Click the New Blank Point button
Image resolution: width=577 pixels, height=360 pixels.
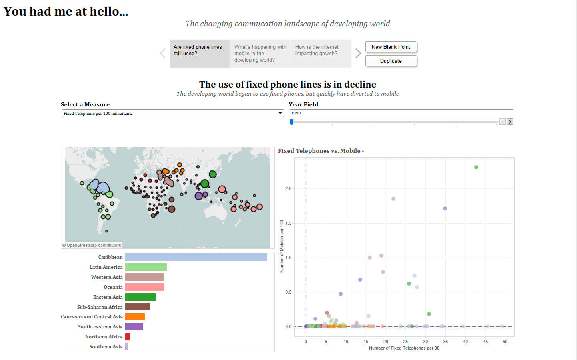(x=391, y=47)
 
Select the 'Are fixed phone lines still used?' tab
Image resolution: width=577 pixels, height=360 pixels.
(x=199, y=53)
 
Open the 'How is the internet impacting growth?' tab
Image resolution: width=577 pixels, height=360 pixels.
(x=321, y=53)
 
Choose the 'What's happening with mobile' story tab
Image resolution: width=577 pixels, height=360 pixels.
(x=260, y=53)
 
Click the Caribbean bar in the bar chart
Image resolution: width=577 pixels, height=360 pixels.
(x=196, y=257)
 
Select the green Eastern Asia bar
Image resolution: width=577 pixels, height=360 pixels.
(x=140, y=297)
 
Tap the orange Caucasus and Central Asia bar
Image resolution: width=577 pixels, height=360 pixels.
(x=135, y=317)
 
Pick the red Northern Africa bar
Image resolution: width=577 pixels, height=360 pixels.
(x=127, y=337)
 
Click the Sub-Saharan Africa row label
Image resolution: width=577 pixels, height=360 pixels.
(x=100, y=307)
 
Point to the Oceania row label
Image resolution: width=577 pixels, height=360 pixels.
(x=113, y=287)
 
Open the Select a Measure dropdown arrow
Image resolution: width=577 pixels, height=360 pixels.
(x=280, y=114)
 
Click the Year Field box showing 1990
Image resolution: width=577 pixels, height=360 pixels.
(x=401, y=113)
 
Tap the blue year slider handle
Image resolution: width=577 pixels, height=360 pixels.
(x=292, y=122)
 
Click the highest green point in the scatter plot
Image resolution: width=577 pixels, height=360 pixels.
(x=476, y=167)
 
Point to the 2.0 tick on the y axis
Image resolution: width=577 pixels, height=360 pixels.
(x=288, y=188)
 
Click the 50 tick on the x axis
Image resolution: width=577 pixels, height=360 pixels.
(x=505, y=342)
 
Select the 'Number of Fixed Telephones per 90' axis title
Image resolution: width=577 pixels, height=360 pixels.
(x=404, y=348)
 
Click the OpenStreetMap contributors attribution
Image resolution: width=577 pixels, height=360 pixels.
(x=92, y=245)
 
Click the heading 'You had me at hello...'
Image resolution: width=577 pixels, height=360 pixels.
(x=66, y=12)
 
